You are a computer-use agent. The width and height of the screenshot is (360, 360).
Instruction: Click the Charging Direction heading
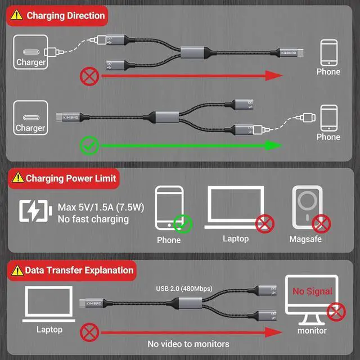[x=65, y=15]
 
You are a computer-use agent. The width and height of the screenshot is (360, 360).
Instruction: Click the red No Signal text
[x=312, y=291]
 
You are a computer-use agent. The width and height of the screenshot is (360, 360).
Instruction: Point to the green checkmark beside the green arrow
[x=89, y=146]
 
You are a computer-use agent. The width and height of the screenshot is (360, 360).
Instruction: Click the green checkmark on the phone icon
[x=182, y=223]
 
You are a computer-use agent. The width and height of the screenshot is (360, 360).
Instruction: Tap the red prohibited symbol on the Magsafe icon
[x=322, y=223]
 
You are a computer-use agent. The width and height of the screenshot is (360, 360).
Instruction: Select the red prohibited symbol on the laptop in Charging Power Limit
[x=264, y=224]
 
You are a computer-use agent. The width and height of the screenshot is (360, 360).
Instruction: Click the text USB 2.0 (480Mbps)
[x=184, y=289]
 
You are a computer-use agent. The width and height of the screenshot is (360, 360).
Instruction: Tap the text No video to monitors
[x=188, y=344]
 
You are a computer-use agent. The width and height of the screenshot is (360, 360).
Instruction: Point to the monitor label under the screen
[x=312, y=330]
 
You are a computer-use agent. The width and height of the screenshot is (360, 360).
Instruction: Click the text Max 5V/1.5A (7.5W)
[x=101, y=207]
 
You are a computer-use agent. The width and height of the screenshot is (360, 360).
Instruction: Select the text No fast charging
[x=93, y=219]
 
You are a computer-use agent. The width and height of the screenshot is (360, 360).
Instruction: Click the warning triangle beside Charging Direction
[x=18, y=16]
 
